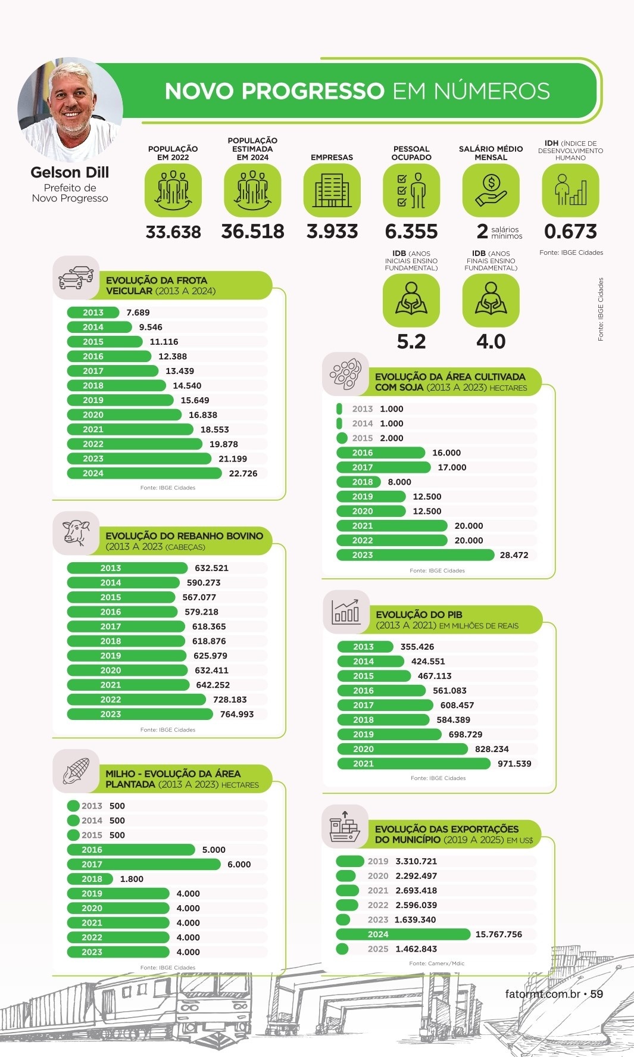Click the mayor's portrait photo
coord(70,109)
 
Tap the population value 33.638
coord(173,232)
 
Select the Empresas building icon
coord(332,190)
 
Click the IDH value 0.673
coord(570,232)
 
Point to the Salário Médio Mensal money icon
coord(491,190)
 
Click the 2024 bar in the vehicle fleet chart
coord(144,473)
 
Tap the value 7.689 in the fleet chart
coord(138,313)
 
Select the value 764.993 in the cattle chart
coord(237,714)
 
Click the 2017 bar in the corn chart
coord(143,865)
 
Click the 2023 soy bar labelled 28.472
coord(415,555)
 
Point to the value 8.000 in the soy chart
coord(399,482)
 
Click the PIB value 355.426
coord(417,647)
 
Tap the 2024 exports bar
coord(403,934)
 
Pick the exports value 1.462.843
coord(416,949)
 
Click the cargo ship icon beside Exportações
coord(345,827)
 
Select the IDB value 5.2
coord(411,342)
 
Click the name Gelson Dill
coord(70,173)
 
